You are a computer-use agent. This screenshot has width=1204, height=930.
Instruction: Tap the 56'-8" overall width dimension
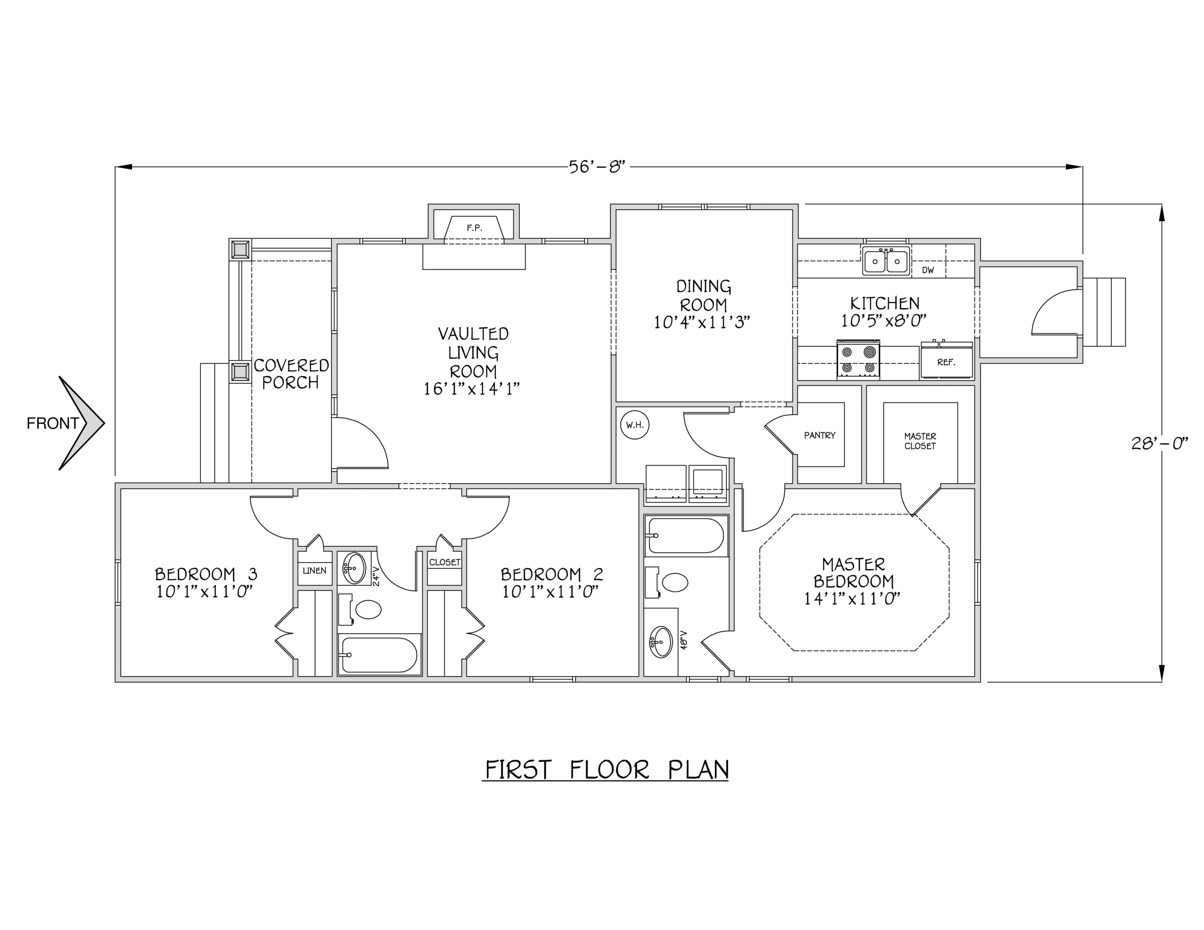point(598,166)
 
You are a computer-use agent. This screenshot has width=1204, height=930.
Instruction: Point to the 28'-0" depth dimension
point(1159,443)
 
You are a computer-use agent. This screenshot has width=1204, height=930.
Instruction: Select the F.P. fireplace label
point(474,228)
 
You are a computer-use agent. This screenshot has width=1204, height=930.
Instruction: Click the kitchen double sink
point(886,261)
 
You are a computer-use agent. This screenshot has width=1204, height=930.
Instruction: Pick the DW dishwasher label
point(928,270)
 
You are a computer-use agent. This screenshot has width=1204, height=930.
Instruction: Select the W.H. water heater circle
point(634,425)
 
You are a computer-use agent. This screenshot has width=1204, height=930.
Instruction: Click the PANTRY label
point(819,435)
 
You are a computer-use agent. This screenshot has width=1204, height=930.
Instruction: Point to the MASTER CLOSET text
point(920,441)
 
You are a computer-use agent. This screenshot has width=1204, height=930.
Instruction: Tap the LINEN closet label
point(314,571)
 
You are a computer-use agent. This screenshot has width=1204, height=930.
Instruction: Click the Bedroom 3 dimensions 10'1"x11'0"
point(205,592)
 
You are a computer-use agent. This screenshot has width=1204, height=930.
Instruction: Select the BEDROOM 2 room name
point(551,575)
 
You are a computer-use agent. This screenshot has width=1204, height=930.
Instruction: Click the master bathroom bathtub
point(686,535)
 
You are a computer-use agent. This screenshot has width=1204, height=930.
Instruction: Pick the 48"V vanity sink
point(661,642)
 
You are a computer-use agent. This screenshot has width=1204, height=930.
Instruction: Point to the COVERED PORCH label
point(291,374)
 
